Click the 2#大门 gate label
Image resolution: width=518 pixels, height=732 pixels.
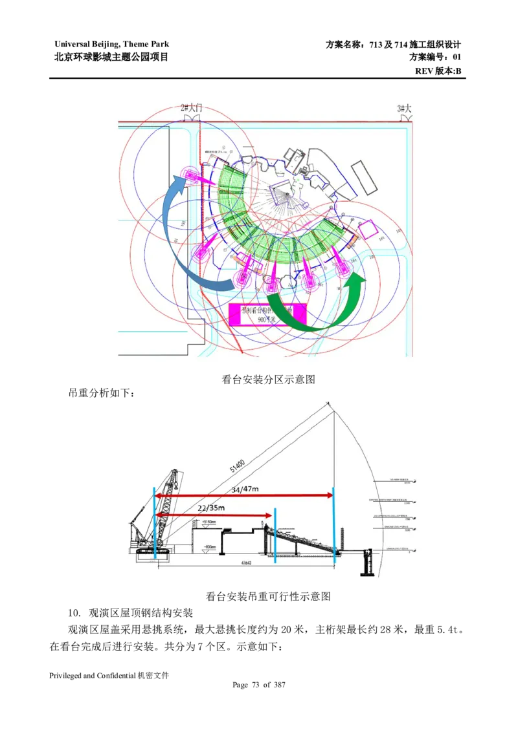coord(192,109)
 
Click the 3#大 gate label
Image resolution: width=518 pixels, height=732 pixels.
coord(405,109)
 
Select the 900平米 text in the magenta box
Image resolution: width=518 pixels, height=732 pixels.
coord(266,319)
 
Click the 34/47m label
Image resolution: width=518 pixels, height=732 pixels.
coord(245,489)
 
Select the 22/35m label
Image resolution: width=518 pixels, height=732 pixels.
coord(214,508)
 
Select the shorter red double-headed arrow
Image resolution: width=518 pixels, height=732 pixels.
coord(214,515)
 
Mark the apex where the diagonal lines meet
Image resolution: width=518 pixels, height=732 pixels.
coord(329,405)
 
